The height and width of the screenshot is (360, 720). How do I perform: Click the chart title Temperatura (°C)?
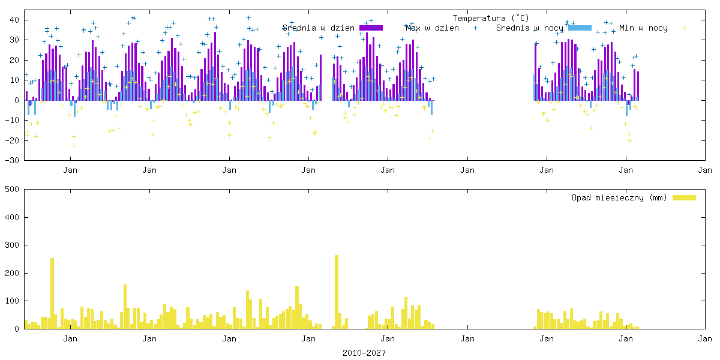point(491,18)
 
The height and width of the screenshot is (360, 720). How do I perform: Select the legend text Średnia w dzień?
point(319,28)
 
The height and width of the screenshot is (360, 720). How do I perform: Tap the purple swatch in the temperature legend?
point(371,28)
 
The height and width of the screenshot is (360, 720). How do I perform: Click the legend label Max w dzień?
point(433,28)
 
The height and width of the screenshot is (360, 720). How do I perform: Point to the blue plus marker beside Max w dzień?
point(475,28)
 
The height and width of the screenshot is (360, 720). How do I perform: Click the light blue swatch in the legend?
point(580,28)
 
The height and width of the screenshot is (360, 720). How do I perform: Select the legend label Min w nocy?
point(643,28)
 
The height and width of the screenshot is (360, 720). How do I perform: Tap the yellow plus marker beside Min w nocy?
point(684,28)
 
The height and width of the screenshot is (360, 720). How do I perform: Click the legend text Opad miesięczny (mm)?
point(619,197)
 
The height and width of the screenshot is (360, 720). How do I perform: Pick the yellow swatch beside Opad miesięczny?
point(684,197)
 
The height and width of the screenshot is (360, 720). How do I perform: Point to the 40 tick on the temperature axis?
point(15,20)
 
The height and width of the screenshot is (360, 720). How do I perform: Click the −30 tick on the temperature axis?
point(13,160)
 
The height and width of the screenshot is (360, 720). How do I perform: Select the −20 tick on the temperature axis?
point(13,140)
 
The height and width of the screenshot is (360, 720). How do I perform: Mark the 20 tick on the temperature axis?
point(15,60)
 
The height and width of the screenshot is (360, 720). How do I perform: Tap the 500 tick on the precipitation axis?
point(13,189)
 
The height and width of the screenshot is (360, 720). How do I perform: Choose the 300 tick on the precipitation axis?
point(13,245)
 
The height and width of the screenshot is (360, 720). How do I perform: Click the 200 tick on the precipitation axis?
point(13,273)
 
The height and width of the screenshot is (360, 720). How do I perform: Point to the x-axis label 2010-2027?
point(364,353)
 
